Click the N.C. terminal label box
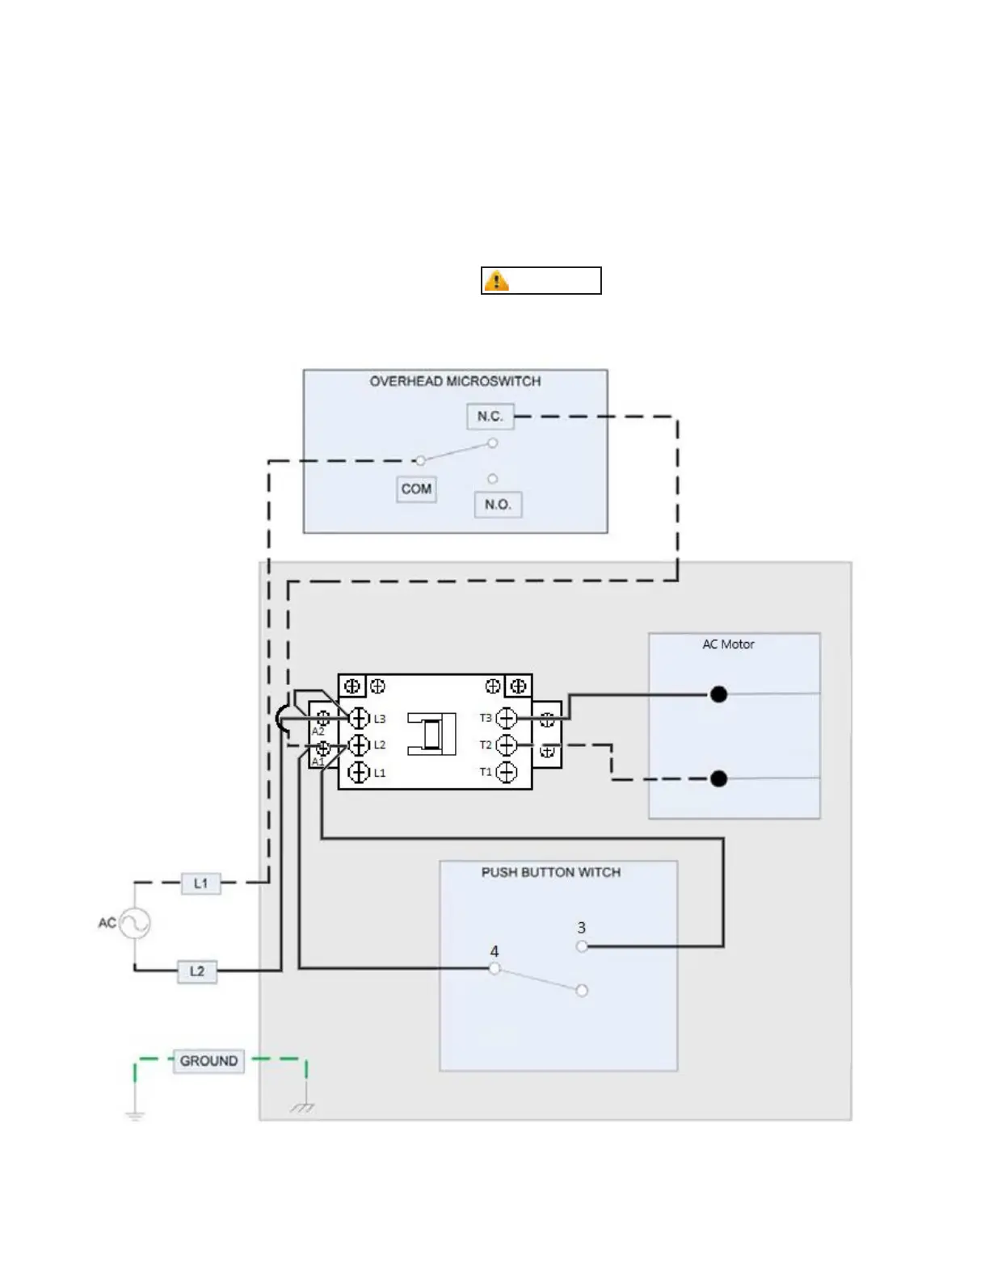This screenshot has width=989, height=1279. (490, 417)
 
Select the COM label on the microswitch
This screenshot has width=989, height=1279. (416, 489)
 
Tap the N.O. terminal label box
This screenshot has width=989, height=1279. (498, 505)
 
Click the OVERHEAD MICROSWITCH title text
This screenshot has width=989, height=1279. (455, 381)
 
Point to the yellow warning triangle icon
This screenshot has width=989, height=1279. (496, 281)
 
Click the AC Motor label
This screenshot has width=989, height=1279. (728, 644)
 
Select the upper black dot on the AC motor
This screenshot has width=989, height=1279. (718, 694)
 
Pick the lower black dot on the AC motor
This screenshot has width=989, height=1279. (718, 779)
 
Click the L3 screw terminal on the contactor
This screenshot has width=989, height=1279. (359, 718)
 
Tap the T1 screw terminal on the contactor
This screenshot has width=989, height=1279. (507, 772)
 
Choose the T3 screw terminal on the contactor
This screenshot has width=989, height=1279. (507, 718)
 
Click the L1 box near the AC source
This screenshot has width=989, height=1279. (200, 883)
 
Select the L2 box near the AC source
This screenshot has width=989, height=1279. (197, 971)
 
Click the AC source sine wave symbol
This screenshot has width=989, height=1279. (134, 923)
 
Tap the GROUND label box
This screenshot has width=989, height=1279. (208, 1061)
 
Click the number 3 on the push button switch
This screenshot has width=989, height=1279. (581, 929)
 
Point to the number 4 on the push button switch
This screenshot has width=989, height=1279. (494, 952)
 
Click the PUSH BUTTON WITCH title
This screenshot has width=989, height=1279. (551, 873)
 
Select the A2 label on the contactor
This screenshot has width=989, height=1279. (318, 732)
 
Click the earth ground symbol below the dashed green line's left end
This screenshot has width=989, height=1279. (134, 1114)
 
